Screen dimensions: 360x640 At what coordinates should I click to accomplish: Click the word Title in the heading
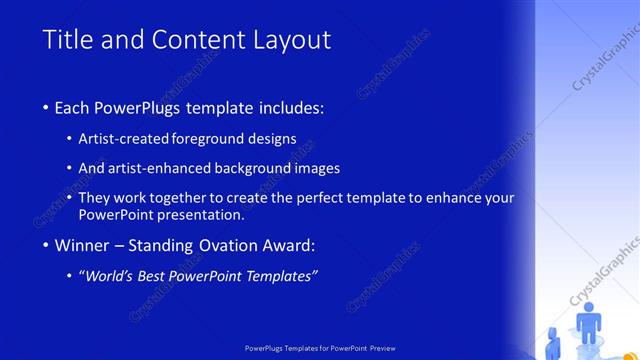tap(66, 40)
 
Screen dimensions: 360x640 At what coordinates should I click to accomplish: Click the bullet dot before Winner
tap(47, 246)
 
